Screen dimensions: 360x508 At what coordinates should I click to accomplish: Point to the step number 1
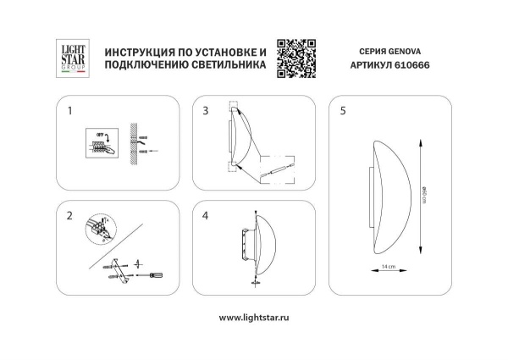tap(70, 111)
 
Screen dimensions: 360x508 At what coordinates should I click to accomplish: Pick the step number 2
tap(70, 216)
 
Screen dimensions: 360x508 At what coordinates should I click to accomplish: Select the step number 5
tap(342, 111)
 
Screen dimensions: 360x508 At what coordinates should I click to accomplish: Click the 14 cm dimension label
tap(388, 267)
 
